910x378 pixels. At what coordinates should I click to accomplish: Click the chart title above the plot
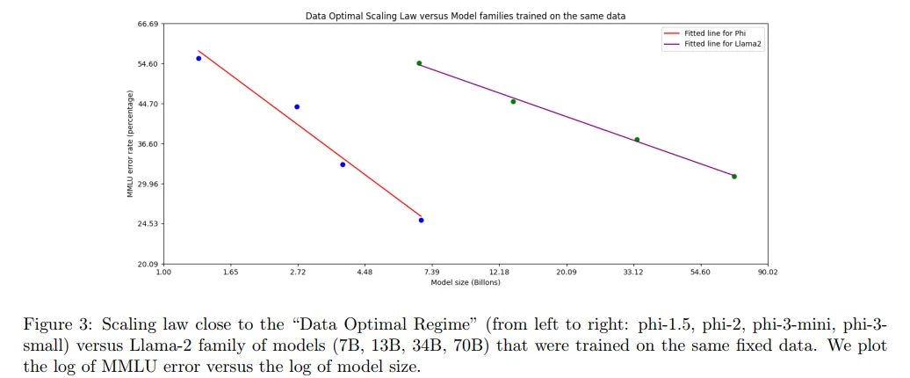[x=466, y=16]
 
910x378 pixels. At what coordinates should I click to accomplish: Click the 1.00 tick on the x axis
[x=163, y=273]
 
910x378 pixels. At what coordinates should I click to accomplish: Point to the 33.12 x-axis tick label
[x=633, y=273]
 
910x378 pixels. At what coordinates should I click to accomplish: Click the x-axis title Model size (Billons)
[x=466, y=282]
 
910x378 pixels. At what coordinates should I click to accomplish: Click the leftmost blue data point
[x=199, y=58]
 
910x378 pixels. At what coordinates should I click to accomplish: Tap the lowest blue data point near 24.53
[x=422, y=220]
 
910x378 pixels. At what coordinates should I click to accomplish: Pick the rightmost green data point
[x=734, y=177]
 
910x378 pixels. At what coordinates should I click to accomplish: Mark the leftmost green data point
[x=419, y=63]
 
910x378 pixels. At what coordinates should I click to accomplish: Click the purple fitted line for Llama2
[x=575, y=120]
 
